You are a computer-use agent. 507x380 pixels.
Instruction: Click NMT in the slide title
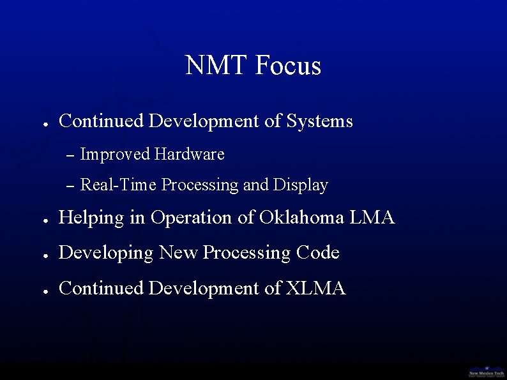(216, 66)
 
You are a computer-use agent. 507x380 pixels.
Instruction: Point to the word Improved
(115, 155)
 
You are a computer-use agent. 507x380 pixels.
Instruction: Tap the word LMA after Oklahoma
(372, 218)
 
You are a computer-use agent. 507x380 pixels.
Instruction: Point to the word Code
(317, 253)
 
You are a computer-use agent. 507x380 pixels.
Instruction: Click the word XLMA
(315, 289)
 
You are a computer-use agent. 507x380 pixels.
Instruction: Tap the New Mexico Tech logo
(487, 372)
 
